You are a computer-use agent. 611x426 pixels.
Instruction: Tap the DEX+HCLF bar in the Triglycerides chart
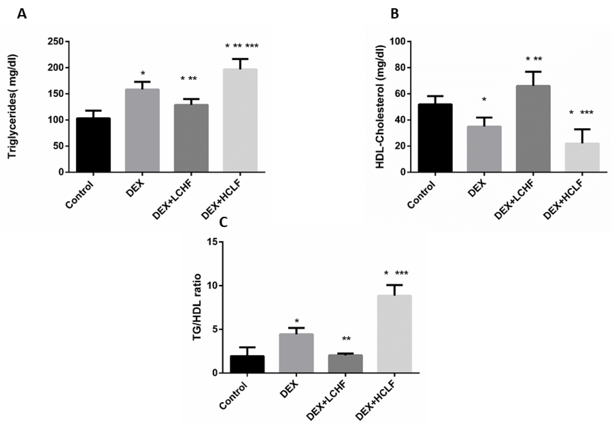(240, 120)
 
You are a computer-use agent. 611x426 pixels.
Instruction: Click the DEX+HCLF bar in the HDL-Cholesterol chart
(582, 157)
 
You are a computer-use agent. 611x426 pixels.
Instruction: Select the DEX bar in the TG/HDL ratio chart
(296, 353)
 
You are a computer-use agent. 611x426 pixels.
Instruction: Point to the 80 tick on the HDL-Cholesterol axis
(397, 68)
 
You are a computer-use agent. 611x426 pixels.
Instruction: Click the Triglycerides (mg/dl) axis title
(12, 107)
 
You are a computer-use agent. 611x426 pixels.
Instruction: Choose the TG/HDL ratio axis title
(197, 307)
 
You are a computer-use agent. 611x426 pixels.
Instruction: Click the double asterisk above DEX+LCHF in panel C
(346, 339)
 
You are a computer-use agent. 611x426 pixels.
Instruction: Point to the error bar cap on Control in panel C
(247, 347)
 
